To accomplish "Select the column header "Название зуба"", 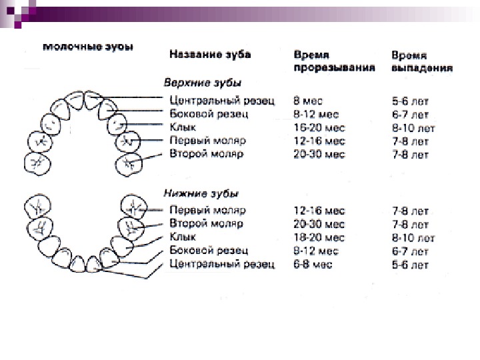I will (209, 54).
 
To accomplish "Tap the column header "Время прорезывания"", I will (334, 61).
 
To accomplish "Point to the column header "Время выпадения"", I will (423, 61).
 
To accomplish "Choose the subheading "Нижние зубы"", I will (201, 193).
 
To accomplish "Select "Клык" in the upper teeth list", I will (183, 127).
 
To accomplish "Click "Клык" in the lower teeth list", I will (183, 237).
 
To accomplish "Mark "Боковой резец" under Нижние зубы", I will (209, 251).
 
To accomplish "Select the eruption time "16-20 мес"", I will (319, 127).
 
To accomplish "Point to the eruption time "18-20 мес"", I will (319, 237).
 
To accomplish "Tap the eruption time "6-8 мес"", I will (314, 265).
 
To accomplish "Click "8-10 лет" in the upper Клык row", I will (413, 127).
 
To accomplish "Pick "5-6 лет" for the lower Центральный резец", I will (410, 265).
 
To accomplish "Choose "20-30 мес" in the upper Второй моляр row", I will (319, 154).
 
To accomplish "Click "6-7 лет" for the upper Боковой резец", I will (410, 114).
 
